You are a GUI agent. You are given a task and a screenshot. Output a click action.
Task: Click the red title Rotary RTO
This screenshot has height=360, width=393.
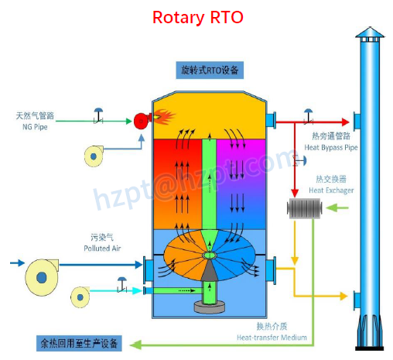coord(197,16)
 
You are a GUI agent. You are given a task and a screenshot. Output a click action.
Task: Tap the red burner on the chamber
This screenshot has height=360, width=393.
coord(142,120)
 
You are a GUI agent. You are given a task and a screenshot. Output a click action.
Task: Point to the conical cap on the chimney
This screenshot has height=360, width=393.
coord(369,32)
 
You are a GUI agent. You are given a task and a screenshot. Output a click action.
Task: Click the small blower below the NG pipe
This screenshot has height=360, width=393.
coord(95,156)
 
